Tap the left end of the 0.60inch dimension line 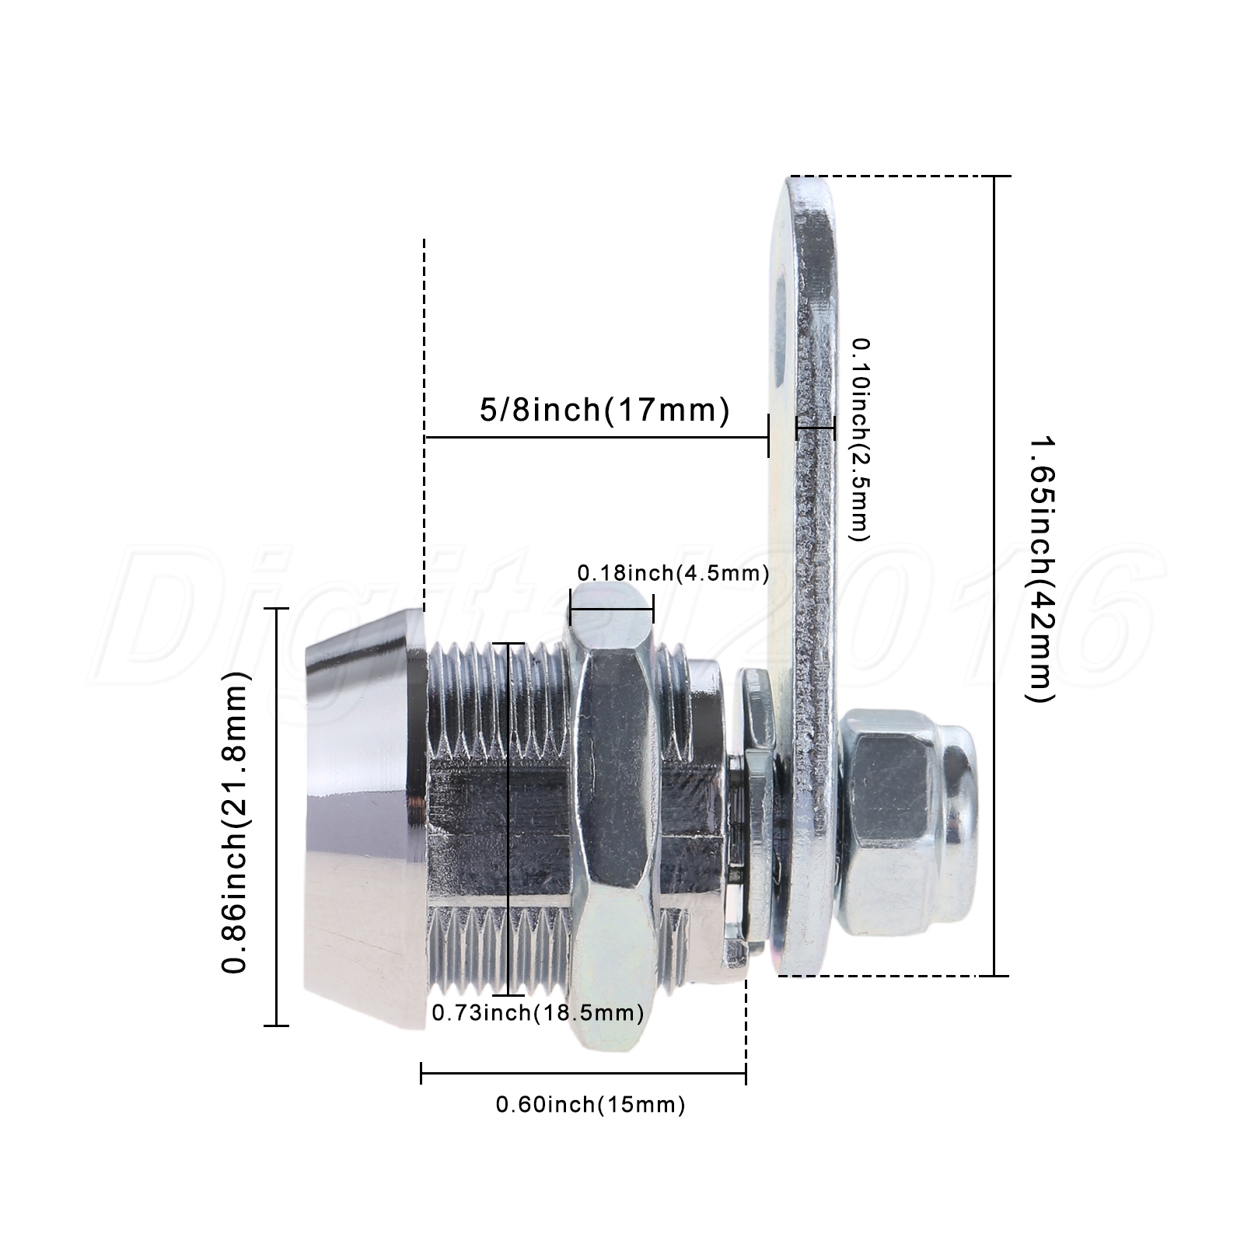(x=421, y=1075)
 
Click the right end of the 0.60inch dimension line (x=746, y=1075)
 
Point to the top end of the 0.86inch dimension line (x=277, y=608)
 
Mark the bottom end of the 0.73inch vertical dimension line (x=509, y=994)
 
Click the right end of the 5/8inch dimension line (x=768, y=437)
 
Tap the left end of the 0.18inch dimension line (x=570, y=607)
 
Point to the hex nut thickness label (x=673, y=574)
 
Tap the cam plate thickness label (x=860, y=439)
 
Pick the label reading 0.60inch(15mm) (x=591, y=1104)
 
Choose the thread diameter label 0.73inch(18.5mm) (x=538, y=1013)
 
